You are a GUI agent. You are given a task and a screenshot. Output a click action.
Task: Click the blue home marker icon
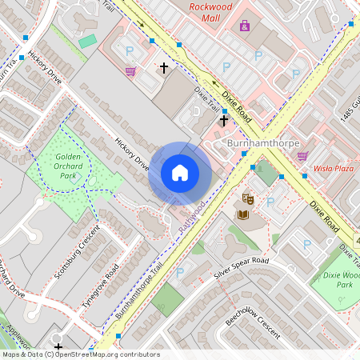coord(180,173)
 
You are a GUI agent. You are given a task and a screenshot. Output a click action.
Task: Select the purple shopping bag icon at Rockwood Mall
coord(244,26)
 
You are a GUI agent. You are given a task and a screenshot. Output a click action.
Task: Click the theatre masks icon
coord(248,196)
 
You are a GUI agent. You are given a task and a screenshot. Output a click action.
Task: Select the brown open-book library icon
coord(242,214)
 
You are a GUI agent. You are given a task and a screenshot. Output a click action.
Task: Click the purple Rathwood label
coord(192,217)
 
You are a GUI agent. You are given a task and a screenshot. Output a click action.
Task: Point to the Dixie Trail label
coord(207,100)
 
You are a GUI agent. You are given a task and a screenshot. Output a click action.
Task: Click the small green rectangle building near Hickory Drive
coord(87,40)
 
